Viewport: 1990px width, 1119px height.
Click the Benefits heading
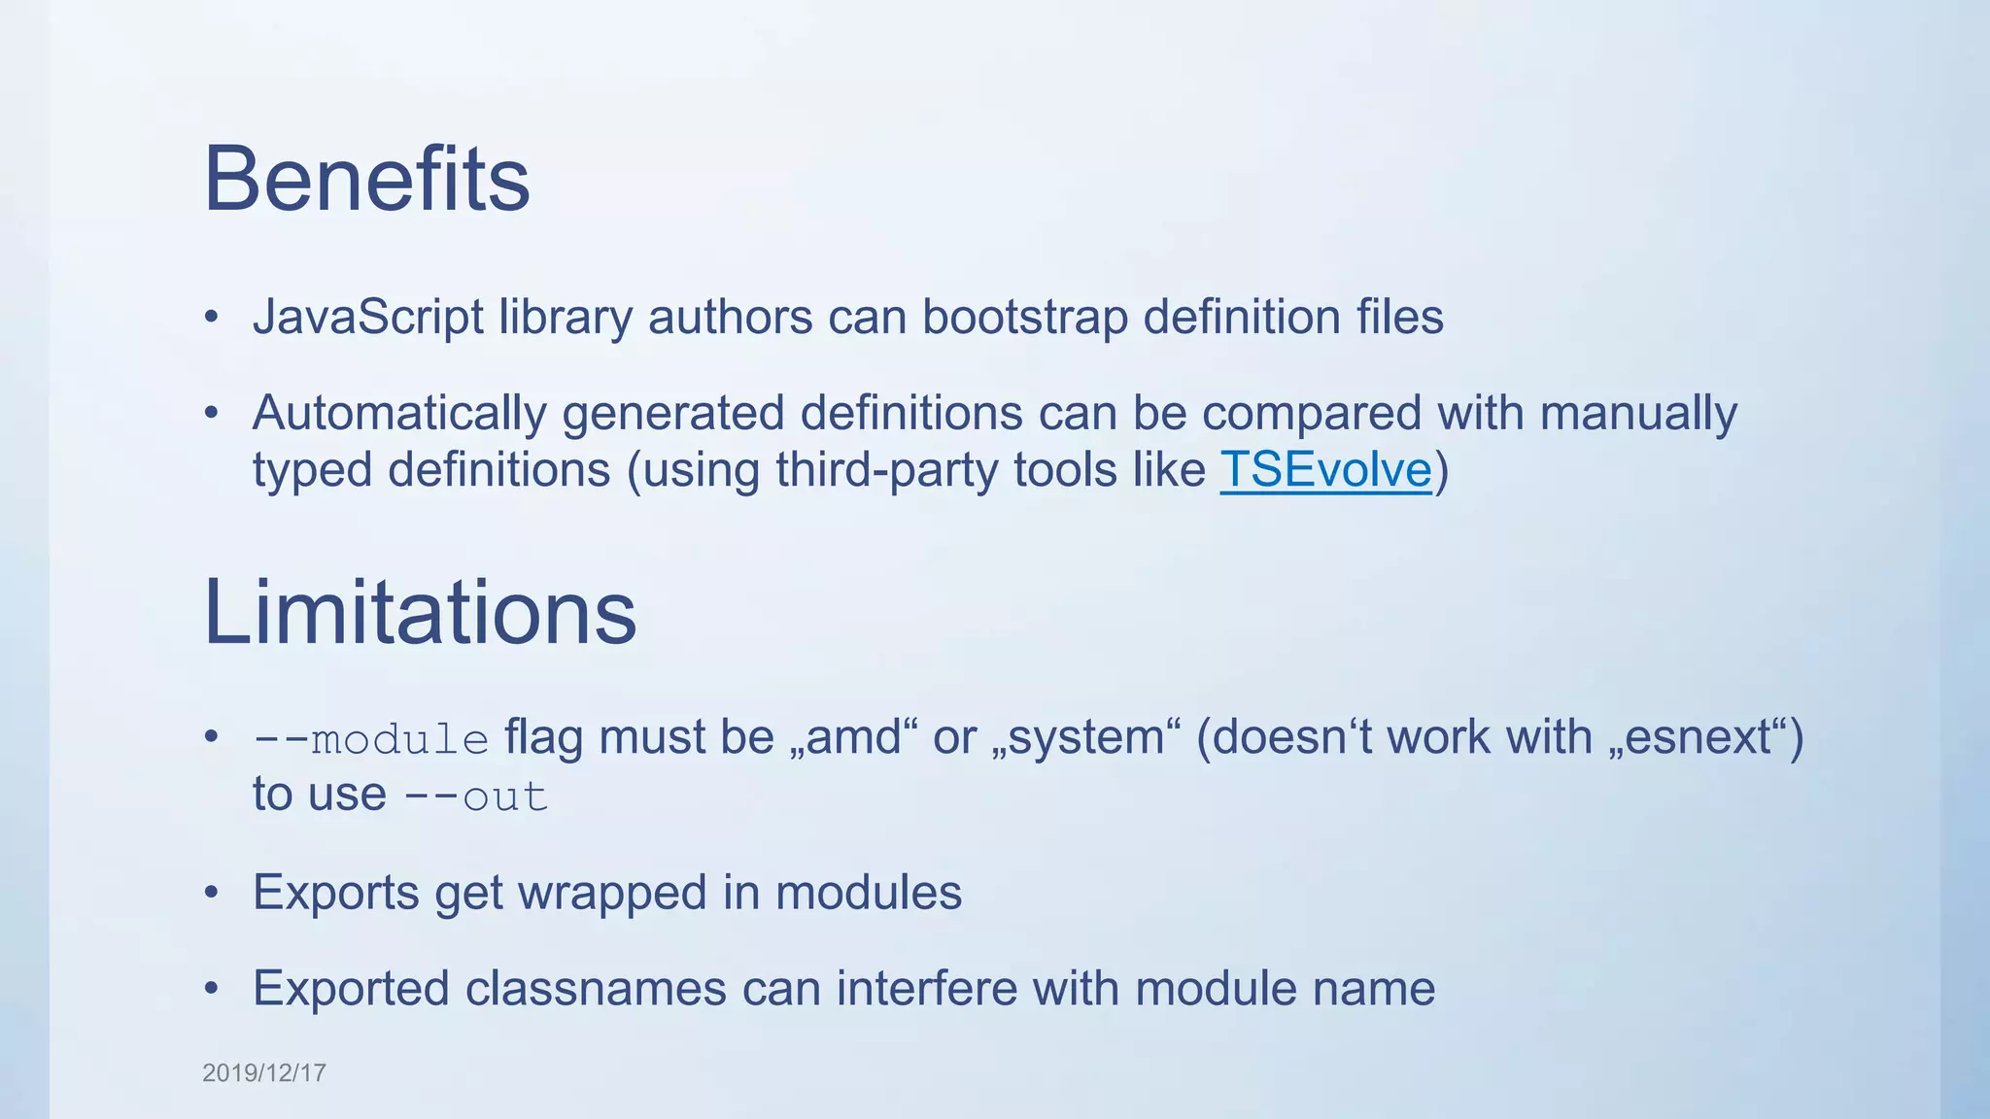click(366, 179)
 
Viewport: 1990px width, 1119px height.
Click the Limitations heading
click(419, 612)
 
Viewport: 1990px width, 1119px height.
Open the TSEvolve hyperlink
click(1325, 470)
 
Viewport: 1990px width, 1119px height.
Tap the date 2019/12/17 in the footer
click(264, 1072)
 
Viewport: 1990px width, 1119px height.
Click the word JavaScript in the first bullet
click(367, 318)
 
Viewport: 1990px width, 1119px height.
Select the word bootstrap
click(1024, 318)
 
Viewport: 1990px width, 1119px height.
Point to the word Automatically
click(399, 414)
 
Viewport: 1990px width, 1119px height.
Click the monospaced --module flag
click(370, 739)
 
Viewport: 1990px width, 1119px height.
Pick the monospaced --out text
click(476, 797)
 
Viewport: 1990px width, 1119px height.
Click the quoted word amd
click(854, 737)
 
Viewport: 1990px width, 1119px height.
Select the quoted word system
click(1086, 737)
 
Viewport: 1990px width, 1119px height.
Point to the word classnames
click(596, 989)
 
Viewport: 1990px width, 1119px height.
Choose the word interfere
click(926, 989)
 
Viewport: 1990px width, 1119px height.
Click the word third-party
click(886, 471)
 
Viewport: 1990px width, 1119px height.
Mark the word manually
click(1638, 414)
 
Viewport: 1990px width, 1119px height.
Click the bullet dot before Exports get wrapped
click(212, 893)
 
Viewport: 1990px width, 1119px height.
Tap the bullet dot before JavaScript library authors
click(212, 318)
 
